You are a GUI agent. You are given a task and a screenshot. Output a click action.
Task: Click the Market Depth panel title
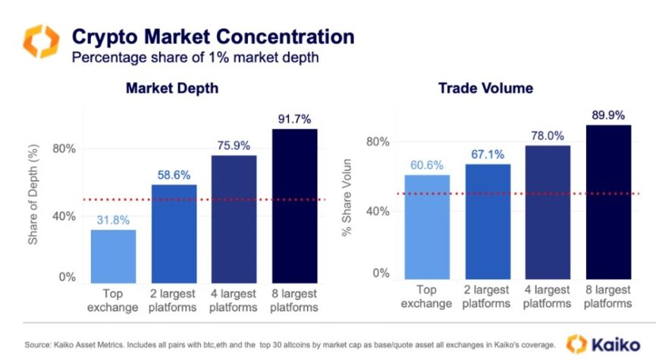point(172,89)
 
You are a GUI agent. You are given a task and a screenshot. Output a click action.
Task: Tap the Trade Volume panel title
point(485,89)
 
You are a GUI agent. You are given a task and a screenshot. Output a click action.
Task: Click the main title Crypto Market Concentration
point(212,36)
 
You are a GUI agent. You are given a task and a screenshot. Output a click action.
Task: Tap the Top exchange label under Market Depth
point(113,300)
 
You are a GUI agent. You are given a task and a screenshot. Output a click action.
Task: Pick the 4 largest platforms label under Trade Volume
point(548,296)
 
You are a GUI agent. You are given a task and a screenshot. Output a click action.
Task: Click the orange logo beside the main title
point(40,42)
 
